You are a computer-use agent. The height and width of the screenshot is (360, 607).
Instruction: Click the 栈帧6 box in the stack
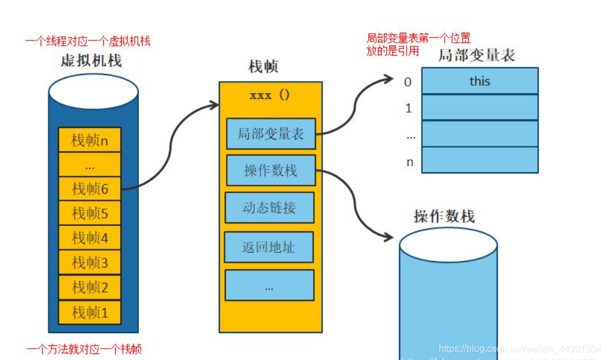point(89,188)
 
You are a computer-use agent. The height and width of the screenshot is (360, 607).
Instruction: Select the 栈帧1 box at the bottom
point(89,312)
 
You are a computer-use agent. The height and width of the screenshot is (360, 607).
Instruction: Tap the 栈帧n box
point(89,140)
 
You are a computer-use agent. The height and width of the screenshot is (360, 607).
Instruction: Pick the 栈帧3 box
point(89,262)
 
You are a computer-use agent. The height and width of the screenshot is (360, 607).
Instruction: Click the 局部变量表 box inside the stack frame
point(270,134)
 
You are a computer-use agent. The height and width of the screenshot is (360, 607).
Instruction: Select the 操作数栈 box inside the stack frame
point(270,170)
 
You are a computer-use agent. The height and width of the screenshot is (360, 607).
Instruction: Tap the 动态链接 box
point(270,207)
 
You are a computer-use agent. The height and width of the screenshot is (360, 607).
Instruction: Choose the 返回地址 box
point(268,247)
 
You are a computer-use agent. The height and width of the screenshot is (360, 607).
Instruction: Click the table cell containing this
point(479,81)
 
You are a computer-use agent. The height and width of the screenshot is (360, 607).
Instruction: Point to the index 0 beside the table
point(408,82)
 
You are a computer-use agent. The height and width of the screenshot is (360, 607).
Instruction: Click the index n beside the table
point(410,162)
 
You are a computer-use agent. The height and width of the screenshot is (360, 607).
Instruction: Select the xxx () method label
point(270,95)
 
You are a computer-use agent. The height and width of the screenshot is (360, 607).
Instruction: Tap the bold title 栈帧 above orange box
point(263,67)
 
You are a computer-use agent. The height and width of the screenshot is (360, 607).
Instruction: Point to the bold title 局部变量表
point(476,55)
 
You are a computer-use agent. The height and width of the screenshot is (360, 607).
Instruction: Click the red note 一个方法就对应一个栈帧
point(84,349)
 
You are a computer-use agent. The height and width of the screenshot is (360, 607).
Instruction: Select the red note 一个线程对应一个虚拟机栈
point(88,41)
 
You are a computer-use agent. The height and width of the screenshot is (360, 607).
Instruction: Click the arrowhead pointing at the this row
point(389,78)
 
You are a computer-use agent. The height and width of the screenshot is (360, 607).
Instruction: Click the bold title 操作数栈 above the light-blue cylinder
point(444,216)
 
